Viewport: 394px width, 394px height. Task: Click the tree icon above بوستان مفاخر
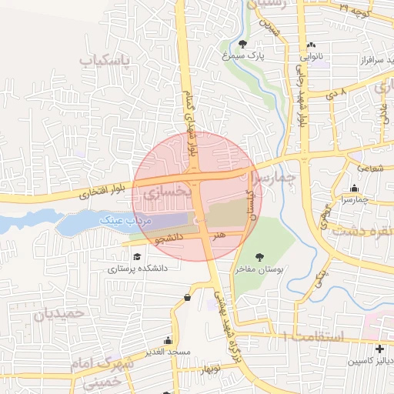pos(259,258)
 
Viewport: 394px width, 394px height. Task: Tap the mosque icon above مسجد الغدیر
pos(168,340)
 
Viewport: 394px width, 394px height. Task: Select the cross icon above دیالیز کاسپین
pos(379,349)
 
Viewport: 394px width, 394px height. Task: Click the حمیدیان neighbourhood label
pos(56,314)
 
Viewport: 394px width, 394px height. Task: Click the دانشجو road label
pos(169,239)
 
